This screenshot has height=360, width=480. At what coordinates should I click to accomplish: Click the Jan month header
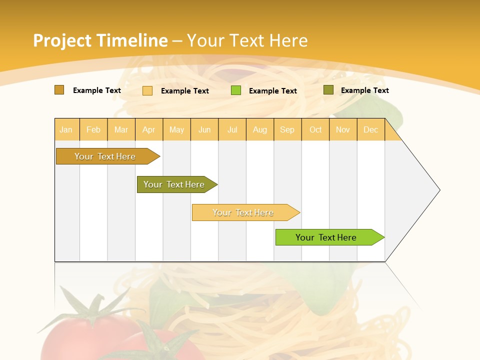[66, 130]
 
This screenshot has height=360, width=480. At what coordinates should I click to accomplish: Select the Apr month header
[149, 130]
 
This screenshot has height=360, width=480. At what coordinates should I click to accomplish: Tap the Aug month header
[260, 130]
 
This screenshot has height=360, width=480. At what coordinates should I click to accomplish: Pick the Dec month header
[370, 130]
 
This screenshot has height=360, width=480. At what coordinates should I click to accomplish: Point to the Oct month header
[315, 130]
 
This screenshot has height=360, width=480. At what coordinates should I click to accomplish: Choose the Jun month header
[204, 130]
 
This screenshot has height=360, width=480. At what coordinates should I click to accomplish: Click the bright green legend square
[236, 90]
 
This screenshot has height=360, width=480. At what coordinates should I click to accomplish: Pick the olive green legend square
[328, 90]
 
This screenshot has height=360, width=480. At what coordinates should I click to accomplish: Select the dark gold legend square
[59, 90]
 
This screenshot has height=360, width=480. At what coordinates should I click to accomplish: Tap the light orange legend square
[147, 90]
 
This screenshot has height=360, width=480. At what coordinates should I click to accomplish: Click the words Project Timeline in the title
[100, 40]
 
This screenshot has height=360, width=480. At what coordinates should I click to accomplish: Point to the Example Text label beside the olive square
[364, 90]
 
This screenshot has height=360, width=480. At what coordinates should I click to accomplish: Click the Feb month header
[93, 130]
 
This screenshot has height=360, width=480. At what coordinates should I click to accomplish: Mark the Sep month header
[287, 130]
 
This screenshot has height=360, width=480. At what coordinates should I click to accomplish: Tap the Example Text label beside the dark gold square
[97, 90]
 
